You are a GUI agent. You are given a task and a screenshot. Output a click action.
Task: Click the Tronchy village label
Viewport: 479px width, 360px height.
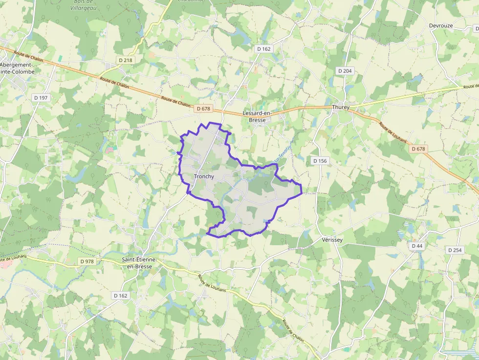click(x=204, y=176)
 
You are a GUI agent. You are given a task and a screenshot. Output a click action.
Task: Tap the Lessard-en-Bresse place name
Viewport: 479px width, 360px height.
click(x=254, y=117)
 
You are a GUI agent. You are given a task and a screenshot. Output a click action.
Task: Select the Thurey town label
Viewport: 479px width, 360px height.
click(x=341, y=107)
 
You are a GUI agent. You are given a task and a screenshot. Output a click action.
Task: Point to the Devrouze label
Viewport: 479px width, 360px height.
click(x=441, y=25)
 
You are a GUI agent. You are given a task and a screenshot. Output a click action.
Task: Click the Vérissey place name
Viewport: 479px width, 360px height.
click(x=332, y=240)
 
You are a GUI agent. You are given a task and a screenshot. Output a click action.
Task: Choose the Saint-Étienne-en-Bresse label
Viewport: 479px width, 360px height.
click(x=137, y=263)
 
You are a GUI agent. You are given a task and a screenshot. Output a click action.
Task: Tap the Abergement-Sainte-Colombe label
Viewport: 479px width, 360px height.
click(x=18, y=68)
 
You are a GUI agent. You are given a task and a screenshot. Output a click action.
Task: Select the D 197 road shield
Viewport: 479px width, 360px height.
click(x=41, y=98)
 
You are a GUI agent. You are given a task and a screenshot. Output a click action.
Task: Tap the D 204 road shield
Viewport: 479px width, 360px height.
click(x=345, y=71)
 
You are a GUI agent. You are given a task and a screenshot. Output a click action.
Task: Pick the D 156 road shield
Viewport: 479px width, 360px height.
click(x=320, y=161)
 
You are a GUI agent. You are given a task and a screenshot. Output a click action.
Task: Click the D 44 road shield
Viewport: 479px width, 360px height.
click(x=417, y=246)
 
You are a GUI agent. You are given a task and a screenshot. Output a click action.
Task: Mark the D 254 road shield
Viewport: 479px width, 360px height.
click(x=455, y=250)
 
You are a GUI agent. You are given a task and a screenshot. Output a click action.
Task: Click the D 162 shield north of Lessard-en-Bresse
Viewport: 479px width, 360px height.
click(x=263, y=49)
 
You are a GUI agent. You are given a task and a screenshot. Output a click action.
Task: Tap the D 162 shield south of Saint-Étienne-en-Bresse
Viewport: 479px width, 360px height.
click(x=120, y=296)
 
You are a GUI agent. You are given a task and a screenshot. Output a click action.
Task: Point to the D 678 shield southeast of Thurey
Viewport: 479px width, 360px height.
click(x=419, y=148)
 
